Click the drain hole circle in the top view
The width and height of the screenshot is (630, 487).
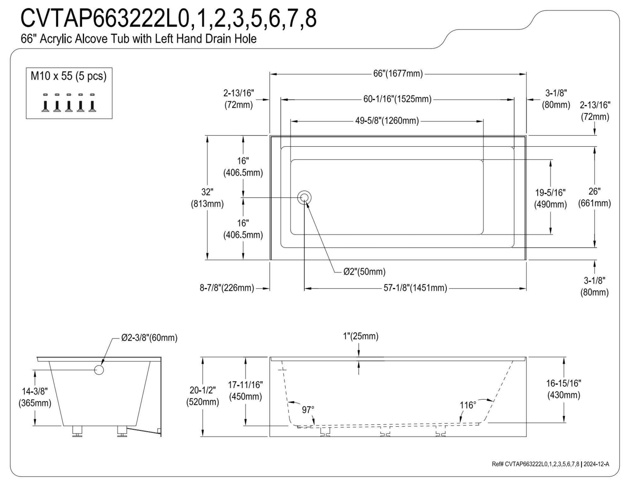click(x=304, y=198)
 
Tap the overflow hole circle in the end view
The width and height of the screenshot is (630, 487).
click(x=99, y=370)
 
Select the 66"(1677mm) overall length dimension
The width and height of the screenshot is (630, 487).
click(x=398, y=74)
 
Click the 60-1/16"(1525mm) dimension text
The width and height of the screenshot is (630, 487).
click(x=398, y=99)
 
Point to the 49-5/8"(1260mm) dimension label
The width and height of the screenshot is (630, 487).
click(x=387, y=121)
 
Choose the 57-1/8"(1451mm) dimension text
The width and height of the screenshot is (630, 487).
click(x=415, y=288)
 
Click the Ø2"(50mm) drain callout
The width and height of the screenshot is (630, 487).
click(x=364, y=272)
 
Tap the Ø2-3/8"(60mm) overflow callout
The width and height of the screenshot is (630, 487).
click(x=149, y=338)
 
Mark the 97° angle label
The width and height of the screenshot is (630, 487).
click(x=308, y=410)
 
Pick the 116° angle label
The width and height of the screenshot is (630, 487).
click(x=468, y=405)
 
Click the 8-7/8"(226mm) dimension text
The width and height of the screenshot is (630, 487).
click(x=227, y=288)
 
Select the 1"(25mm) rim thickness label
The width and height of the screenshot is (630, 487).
click(x=361, y=336)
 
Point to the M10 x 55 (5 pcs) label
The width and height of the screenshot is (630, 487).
click(x=69, y=76)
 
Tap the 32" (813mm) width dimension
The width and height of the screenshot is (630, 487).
click(x=207, y=198)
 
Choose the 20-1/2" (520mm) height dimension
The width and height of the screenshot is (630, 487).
click(x=203, y=396)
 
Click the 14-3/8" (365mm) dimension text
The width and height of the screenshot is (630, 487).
click(x=35, y=397)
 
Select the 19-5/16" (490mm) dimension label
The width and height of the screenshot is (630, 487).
click(x=550, y=198)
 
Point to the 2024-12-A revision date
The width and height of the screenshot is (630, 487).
click(x=596, y=464)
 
